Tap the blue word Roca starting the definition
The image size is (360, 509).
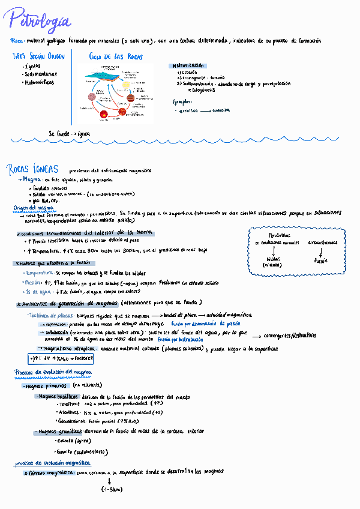(x=17, y=41)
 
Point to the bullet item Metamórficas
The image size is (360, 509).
(x=37, y=82)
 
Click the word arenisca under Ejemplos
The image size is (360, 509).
(x=188, y=110)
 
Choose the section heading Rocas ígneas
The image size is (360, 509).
(x=33, y=169)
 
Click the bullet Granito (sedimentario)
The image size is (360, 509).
(x=81, y=451)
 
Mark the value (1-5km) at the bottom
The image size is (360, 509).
(x=112, y=489)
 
